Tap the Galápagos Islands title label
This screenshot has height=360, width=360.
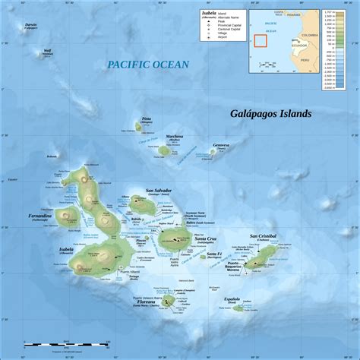271,114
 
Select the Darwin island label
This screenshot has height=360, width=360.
30,24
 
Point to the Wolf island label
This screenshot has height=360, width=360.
49,52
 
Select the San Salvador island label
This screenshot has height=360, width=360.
159,190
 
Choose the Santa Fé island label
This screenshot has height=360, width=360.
214,253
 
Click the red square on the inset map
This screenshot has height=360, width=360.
262,42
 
